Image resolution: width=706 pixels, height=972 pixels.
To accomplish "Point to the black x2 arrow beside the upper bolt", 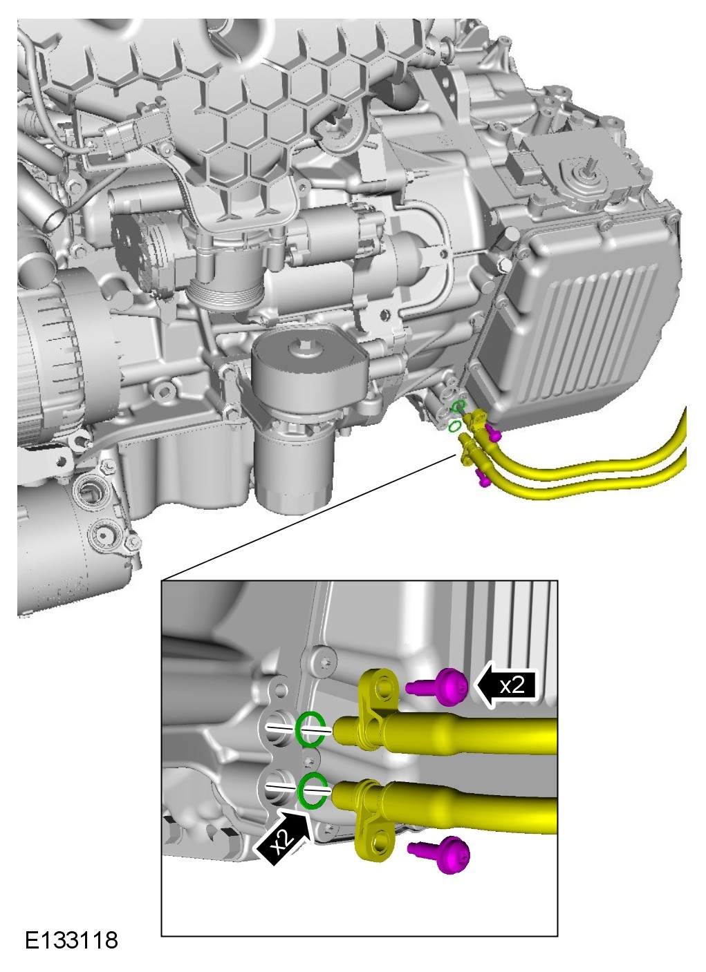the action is (x=507, y=686).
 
